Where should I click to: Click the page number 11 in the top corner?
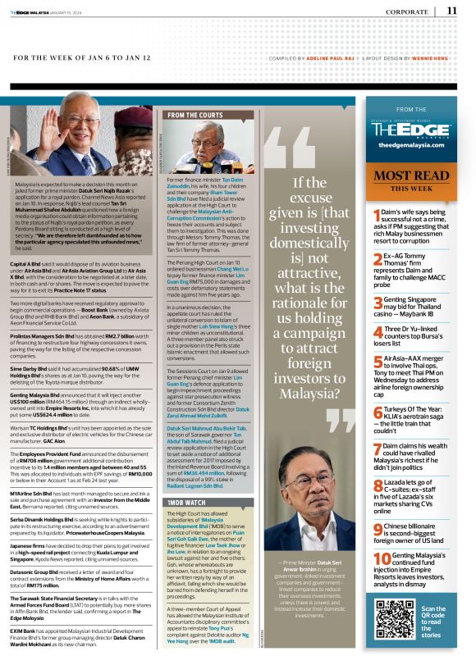click(x=452, y=11)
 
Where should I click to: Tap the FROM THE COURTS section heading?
click(x=195, y=116)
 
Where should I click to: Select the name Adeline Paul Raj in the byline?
click(x=316, y=59)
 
